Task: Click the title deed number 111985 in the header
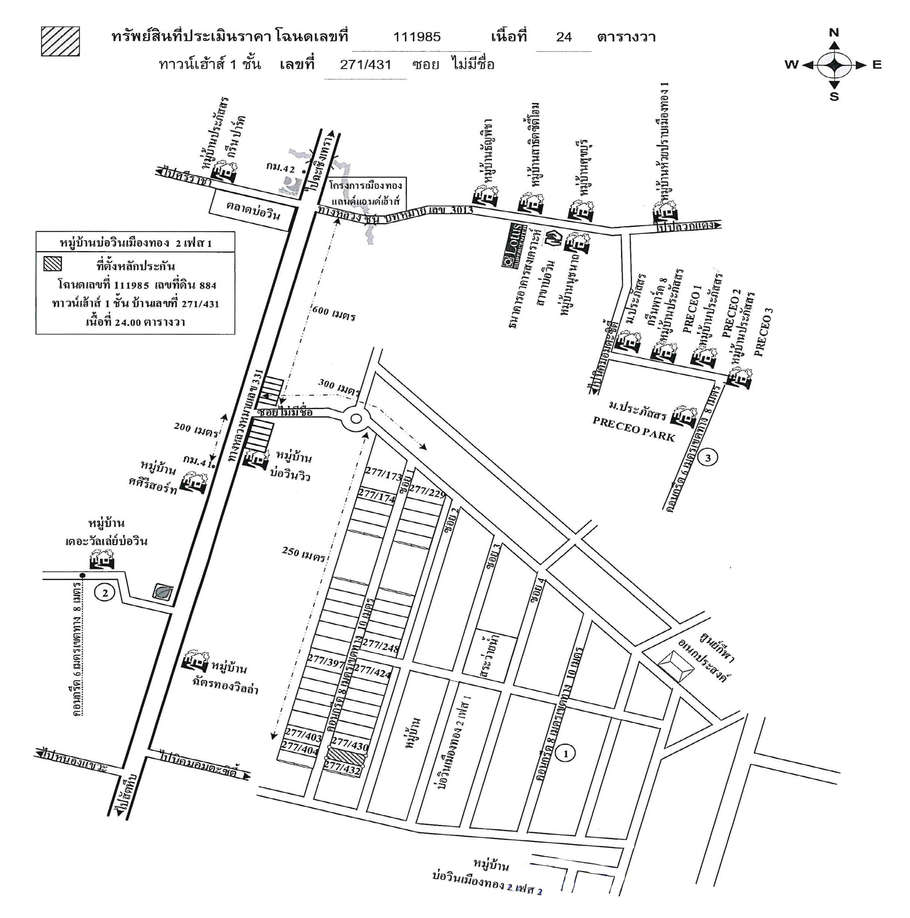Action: [416, 37]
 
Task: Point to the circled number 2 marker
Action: [105, 592]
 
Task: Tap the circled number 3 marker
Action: [708, 458]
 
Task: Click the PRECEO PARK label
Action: [634, 429]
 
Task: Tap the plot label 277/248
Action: [381, 646]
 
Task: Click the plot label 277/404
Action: [300, 748]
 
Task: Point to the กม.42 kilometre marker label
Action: [281, 168]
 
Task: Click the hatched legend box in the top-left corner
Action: [60, 41]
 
